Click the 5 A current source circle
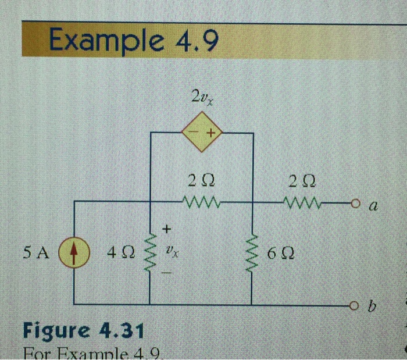[74, 252]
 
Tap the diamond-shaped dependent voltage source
[202, 133]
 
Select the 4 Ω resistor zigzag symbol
[151, 252]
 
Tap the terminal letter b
[373, 305]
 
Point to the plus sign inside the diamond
[210, 134]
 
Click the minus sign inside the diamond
[194, 134]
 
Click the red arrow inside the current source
[74, 252]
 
